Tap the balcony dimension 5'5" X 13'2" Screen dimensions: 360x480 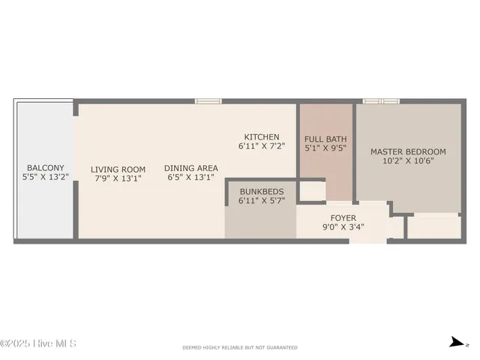45,178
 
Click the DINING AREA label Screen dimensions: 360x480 191,168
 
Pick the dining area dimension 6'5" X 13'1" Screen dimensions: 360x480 191,178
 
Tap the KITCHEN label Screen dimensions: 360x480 262,136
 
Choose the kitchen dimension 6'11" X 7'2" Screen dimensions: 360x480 262,146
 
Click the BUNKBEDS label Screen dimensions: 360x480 262,191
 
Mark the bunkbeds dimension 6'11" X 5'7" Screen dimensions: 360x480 262,201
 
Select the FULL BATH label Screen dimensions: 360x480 326,139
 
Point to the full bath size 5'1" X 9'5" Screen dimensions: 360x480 326,148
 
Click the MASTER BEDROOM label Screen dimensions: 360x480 408,151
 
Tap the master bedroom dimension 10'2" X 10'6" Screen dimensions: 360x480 408,160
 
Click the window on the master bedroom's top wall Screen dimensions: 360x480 381,100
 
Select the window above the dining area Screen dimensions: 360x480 208,100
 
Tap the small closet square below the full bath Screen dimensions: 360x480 311,191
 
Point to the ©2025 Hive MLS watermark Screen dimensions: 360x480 38,343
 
